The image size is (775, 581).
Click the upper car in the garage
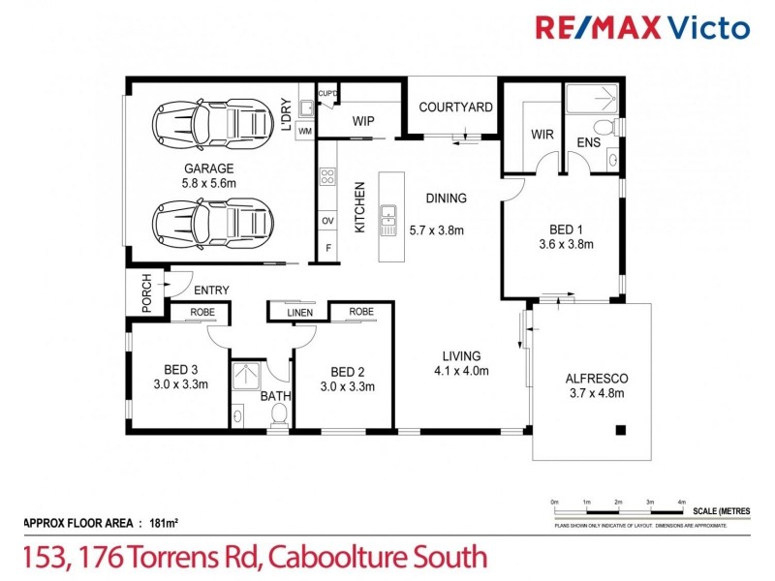(210, 123)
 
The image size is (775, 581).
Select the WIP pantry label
(363, 121)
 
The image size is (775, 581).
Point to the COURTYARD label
(455, 107)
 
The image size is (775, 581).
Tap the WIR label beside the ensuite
(542, 135)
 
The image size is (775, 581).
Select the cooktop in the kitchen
(327, 177)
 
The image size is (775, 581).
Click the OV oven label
(327, 220)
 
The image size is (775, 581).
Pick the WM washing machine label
(304, 130)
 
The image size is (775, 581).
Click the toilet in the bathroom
(279, 414)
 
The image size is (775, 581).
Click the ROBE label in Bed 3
(201, 313)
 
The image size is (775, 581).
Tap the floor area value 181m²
(163, 524)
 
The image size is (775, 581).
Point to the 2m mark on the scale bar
(618, 503)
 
